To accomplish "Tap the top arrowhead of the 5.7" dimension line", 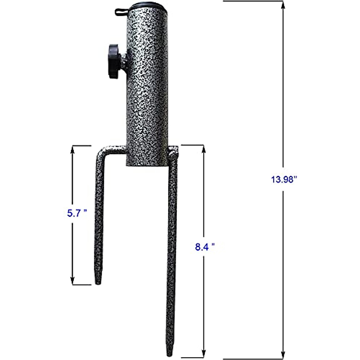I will pyautogui.click(x=72, y=149).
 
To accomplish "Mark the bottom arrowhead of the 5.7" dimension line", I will pyautogui.click(x=72, y=281).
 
